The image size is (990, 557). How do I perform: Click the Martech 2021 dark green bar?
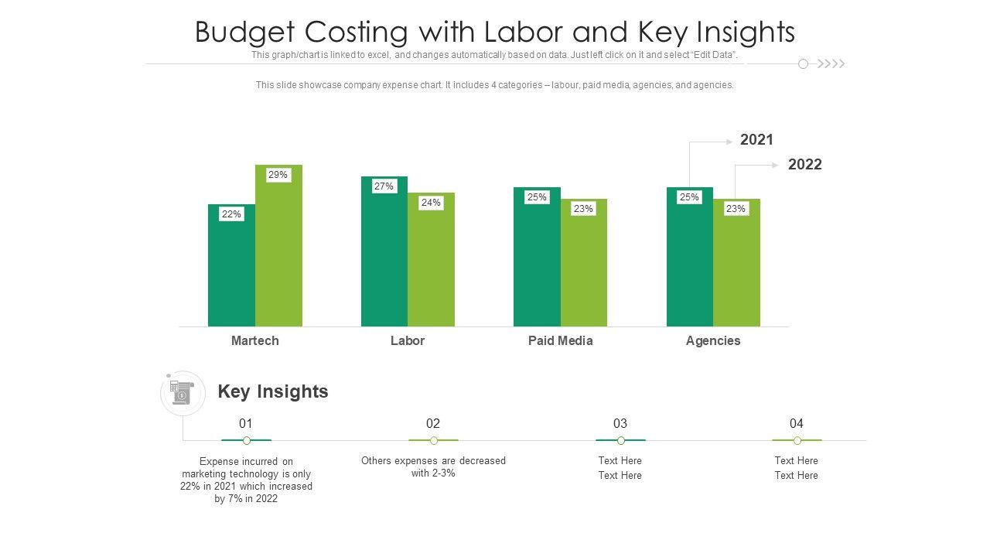231,271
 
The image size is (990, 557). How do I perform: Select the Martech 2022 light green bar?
278,255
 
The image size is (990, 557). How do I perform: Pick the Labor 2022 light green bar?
431,267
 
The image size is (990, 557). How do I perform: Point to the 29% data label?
278,175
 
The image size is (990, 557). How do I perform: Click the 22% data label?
231,214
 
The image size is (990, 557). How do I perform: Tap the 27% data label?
384,186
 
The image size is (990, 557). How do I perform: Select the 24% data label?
431,203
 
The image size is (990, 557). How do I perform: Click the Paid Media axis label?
560,340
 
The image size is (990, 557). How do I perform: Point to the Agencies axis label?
712,340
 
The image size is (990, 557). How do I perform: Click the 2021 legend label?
756,140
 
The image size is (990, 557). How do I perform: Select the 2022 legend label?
804,165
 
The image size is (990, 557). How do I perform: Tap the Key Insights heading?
273,391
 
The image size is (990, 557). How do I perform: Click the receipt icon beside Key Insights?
182,393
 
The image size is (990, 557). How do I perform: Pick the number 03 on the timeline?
620,423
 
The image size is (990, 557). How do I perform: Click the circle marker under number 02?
434,440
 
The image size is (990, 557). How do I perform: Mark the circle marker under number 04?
797,440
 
